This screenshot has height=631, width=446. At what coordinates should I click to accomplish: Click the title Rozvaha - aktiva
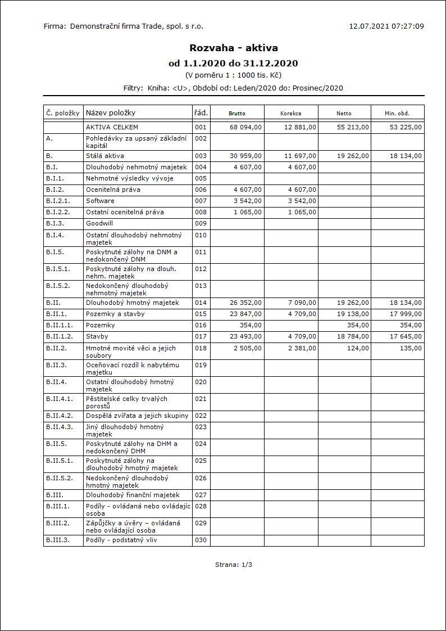click(234, 48)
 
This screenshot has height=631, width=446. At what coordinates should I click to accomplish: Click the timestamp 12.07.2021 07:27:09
click(386, 26)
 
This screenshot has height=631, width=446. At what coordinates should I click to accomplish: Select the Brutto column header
click(237, 113)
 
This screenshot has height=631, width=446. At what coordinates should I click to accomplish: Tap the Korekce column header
click(291, 113)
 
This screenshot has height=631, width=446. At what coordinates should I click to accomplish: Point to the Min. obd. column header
click(397, 113)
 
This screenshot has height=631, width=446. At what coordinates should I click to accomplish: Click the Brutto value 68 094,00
click(246, 127)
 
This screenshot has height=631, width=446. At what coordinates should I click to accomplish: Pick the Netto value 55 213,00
click(353, 127)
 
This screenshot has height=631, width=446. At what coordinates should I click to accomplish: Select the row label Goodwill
click(99, 223)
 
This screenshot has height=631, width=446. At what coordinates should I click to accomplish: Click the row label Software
click(100, 201)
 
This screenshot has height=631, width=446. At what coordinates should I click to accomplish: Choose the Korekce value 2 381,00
click(302, 348)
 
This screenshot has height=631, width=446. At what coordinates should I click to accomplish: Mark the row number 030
click(201, 540)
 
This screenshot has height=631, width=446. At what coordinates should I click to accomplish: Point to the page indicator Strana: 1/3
click(234, 564)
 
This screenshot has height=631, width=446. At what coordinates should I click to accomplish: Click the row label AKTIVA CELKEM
click(112, 127)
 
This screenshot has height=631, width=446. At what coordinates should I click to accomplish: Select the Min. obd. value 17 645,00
click(406, 336)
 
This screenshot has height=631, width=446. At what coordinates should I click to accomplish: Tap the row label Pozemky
click(100, 325)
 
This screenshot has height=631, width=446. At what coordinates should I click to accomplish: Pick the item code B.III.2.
click(58, 523)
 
